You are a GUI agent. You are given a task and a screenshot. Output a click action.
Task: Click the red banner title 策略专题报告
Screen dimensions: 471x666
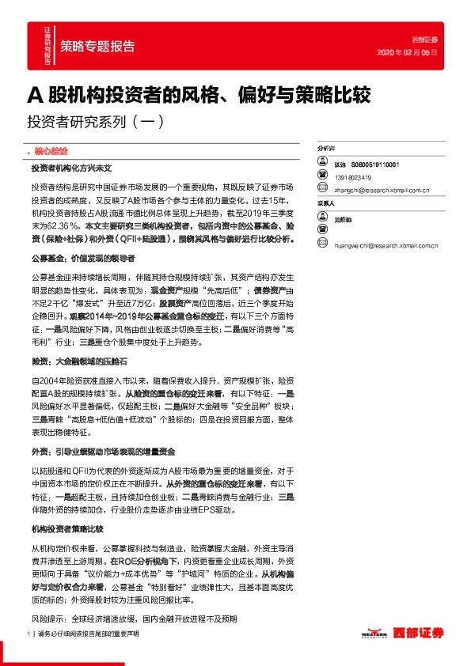coord(97,46)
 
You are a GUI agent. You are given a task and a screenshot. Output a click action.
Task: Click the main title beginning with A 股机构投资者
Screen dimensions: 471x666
coord(199,96)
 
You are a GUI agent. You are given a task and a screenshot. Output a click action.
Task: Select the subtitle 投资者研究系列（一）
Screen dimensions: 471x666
coord(95,123)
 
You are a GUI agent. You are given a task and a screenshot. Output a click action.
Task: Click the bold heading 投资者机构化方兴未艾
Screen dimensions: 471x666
coord(72,168)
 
